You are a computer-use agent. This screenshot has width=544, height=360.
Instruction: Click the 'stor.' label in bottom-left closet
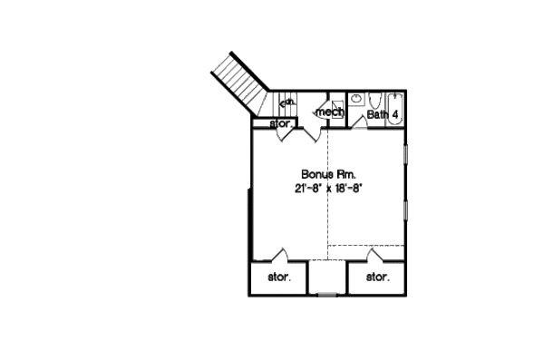tap(278, 277)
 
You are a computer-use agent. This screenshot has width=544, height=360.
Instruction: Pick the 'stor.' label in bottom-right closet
tap(376, 277)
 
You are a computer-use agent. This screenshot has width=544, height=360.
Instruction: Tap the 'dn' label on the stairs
tap(286, 103)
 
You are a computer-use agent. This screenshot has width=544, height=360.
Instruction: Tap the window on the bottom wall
tap(327, 295)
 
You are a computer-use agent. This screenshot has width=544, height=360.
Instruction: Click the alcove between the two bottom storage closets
tap(327, 277)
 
